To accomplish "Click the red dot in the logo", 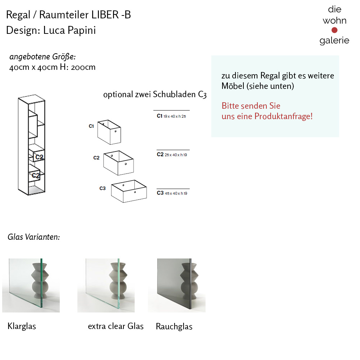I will click(334, 30).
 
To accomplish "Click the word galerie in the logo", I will click(334, 40).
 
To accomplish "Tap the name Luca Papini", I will click(69, 30).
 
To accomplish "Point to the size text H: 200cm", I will click(77, 67).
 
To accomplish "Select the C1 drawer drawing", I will click(109, 132).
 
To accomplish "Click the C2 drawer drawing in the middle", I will click(118, 163).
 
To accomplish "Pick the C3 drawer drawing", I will click(129, 191).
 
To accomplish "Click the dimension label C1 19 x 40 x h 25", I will click(171, 116).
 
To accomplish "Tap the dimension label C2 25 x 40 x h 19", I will click(172, 154).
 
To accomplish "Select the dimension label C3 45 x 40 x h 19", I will click(172, 193).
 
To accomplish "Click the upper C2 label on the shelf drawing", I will click(39, 157).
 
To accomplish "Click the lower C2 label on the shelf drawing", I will click(35, 175).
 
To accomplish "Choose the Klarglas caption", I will click(22, 327).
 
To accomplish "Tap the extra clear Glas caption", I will click(116, 326).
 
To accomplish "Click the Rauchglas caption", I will click(174, 327).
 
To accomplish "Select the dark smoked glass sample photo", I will click(177, 285).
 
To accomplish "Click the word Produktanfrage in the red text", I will click(283, 116).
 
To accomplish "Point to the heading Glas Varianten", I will click(33, 237).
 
